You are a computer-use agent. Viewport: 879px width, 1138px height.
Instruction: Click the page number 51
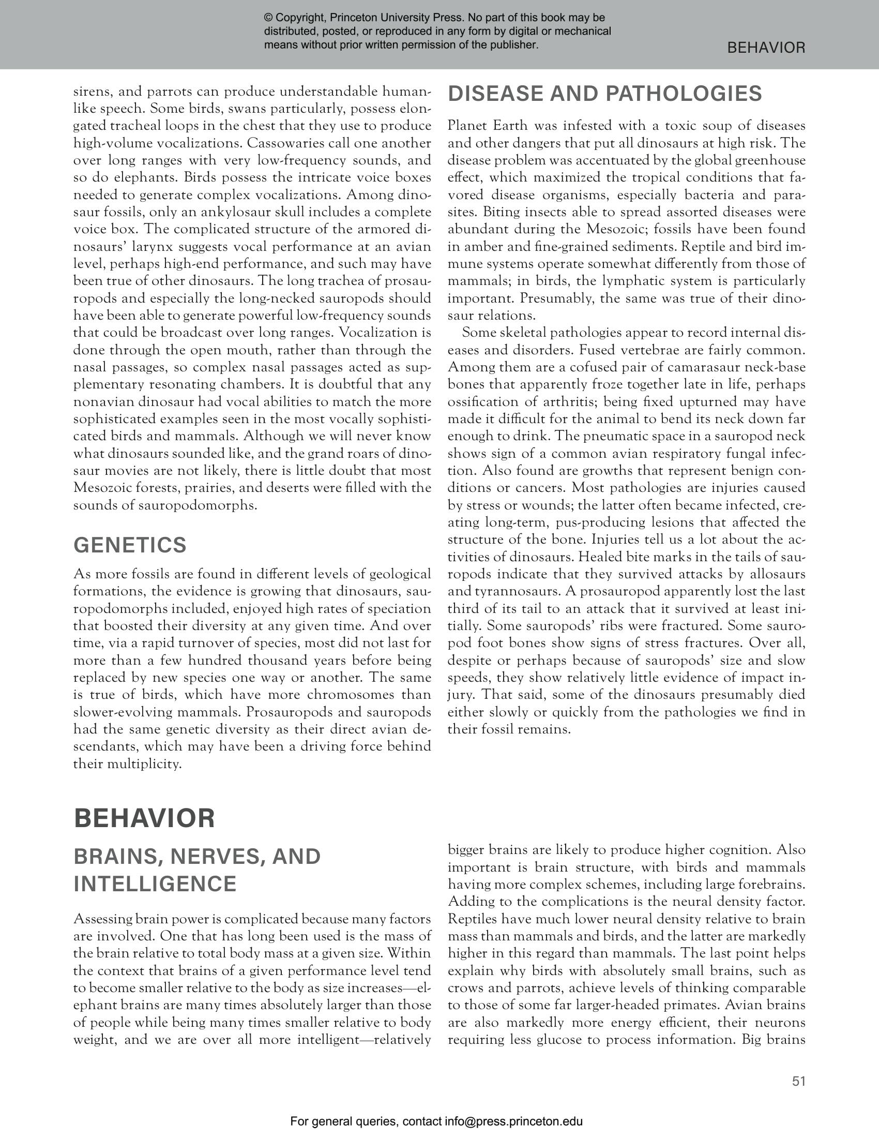tap(798, 1081)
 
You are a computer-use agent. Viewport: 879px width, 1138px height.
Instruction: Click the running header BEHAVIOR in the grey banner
tap(765, 48)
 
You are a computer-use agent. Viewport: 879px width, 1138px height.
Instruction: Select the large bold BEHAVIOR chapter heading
tap(144, 818)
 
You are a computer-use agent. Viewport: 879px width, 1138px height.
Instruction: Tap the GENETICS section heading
tap(130, 545)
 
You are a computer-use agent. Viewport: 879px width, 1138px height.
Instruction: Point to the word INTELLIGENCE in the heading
tap(155, 884)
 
